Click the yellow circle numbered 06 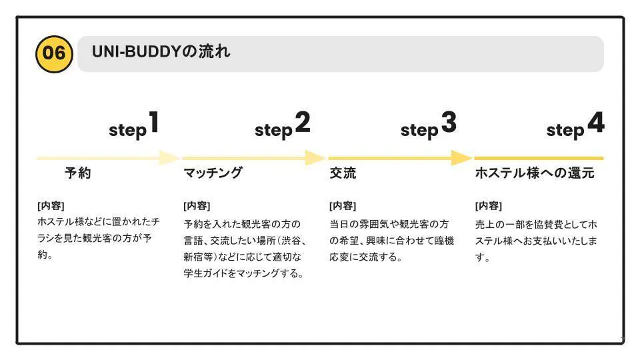53,53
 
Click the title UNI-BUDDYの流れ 161,51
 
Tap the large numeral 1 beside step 154,123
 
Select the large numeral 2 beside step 302,123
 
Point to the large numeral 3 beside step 448,123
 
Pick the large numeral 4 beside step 595,123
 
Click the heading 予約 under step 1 77,174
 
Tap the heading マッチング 213,174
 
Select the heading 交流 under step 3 343,174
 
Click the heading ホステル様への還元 534,174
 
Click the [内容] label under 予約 51,205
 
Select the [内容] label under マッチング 197,205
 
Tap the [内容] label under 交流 343,205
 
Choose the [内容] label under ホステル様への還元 489,205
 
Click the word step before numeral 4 565,131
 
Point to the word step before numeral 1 127,131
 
